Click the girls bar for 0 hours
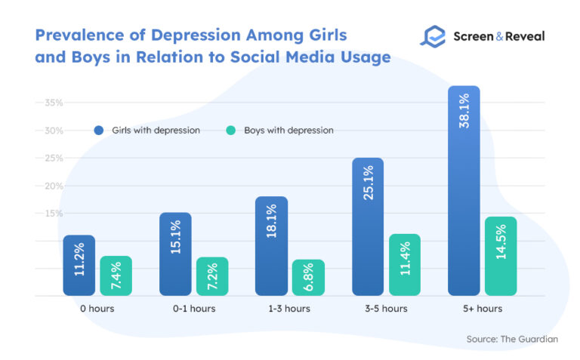click(79, 265)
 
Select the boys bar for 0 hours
click(116, 275)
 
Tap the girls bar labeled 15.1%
click(175, 254)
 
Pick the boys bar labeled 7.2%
click(212, 276)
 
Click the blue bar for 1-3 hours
click(271, 245)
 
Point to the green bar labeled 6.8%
click(308, 277)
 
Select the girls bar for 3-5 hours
click(368, 226)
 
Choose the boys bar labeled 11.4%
click(405, 264)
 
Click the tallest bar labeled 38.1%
click(464, 190)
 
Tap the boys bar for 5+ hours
click(501, 256)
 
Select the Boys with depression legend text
click(288, 130)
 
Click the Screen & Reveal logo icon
click(433, 36)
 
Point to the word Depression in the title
click(192, 35)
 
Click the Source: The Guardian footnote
click(512, 340)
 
